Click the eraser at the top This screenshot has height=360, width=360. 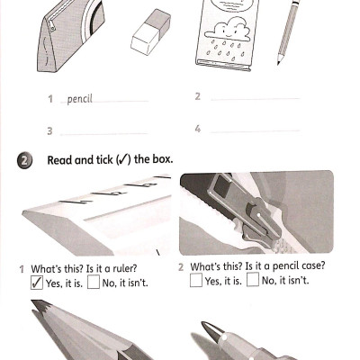tap(149, 32)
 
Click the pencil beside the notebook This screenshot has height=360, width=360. tap(287, 32)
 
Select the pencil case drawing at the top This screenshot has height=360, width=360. tap(68, 36)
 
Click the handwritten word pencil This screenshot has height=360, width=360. tap(80, 99)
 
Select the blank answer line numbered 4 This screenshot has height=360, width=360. tap(254, 130)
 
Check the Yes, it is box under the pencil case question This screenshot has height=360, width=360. tap(195, 281)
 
